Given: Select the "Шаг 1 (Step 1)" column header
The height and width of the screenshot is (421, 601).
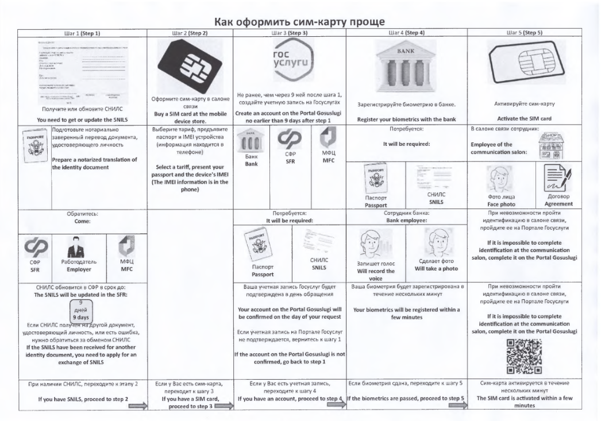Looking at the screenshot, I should pos(80,34).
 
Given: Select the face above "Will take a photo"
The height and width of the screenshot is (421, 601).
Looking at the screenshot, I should pos(436,242).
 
